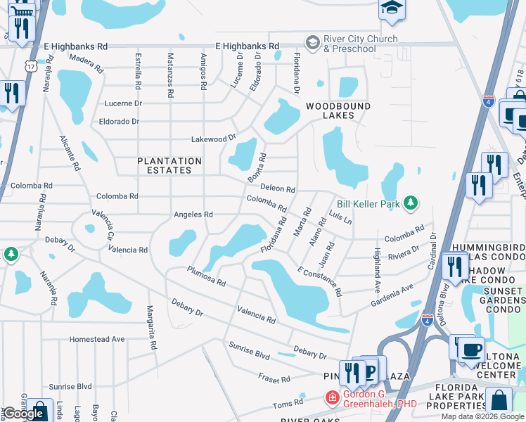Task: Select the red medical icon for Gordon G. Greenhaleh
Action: click(332, 398)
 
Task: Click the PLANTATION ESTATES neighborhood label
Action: click(169, 165)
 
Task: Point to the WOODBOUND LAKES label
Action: click(333, 110)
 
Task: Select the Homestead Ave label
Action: click(97, 339)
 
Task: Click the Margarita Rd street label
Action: click(150, 327)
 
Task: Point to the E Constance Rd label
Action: click(319, 281)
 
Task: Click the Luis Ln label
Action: click(340, 218)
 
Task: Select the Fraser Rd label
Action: click(274, 379)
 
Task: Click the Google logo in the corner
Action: click(23, 414)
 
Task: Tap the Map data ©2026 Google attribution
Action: click(483, 416)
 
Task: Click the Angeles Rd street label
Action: click(193, 215)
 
